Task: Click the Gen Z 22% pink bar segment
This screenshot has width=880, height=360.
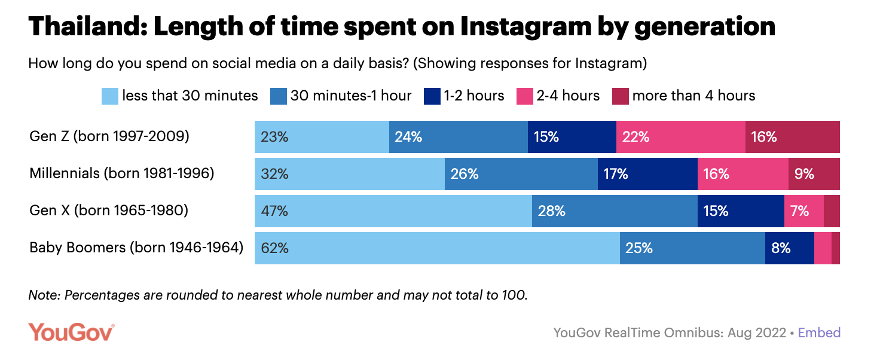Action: (680, 136)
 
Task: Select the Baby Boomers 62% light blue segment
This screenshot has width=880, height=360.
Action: (437, 248)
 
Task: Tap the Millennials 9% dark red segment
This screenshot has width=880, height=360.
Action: (814, 174)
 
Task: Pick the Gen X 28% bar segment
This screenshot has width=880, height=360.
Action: (615, 211)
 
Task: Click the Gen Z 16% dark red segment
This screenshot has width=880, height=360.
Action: (792, 136)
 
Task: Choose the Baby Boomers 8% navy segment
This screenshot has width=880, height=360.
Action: (789, 248)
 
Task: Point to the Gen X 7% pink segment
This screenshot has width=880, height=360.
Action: (803, 211)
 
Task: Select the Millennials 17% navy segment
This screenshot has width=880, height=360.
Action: (647, 174)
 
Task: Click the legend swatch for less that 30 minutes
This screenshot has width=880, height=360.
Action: (110, 96)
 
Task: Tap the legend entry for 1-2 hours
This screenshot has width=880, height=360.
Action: (464, 96)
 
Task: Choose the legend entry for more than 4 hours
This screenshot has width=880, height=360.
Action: (684, 96)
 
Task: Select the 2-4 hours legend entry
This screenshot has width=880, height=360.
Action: (558, 96)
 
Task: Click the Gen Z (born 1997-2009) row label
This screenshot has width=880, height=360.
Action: (109, 136)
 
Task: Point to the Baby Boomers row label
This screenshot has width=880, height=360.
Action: (136, 248)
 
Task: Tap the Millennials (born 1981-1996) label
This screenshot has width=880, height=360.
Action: (122, 174)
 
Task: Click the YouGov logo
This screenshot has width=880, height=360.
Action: (71, 332)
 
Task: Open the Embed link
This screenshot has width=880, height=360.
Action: (819, 333)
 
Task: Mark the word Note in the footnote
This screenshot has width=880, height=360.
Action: (45, 295)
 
